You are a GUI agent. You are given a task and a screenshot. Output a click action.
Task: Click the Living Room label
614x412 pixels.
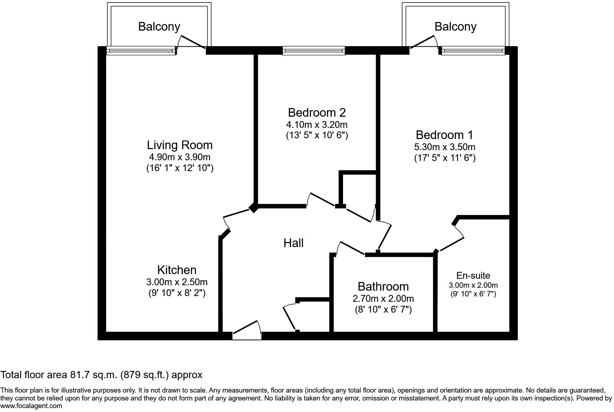(179, 145)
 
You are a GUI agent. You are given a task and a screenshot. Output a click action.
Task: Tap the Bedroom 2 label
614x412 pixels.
(317, 113)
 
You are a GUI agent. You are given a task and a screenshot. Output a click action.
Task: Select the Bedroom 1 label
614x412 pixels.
(444, 135)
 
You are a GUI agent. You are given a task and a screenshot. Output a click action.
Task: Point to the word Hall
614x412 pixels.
(293, 243)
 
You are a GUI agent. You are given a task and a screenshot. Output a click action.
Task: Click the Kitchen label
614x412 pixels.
(177, 270)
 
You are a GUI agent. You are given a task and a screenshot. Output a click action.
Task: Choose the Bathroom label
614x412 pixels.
(383, 287)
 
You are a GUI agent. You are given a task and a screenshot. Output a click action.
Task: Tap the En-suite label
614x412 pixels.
(473, 275)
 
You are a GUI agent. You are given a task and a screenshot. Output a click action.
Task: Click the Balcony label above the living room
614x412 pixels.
(159, 27)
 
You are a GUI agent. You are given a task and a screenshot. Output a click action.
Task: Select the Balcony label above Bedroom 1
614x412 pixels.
(455, 27)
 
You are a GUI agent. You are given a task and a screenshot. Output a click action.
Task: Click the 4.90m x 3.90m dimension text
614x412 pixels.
(179, 157)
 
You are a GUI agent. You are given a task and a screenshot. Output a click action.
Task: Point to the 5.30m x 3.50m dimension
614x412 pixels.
(445, 147)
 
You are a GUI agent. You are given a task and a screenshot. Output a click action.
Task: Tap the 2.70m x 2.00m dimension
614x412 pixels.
(383, 298)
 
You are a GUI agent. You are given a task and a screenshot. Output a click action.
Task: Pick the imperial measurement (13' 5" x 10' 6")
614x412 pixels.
(317, 135)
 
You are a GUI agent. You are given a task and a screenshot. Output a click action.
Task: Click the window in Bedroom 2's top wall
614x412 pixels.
(313, 51)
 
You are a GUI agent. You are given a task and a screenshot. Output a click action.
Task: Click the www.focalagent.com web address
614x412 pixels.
(31, 406)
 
